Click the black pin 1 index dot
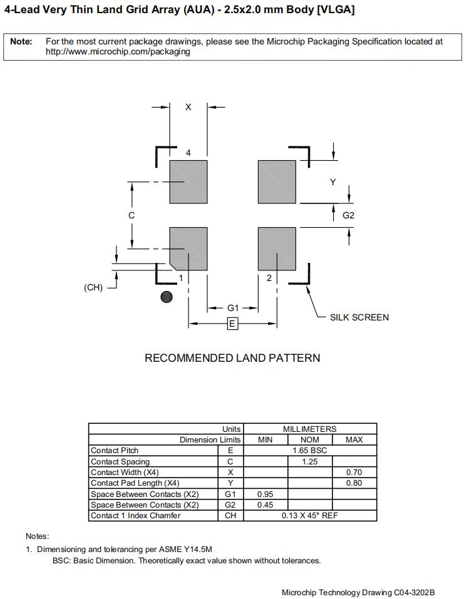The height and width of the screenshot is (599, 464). pyautogui.click(x=167, y=297)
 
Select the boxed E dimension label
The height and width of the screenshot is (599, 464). pyautogui.click(x=232, y=324)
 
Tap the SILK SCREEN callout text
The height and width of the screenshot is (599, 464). pyautogui.click(x=359, y=317)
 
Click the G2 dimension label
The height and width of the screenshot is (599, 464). pyautogui.click(x=349, y=215)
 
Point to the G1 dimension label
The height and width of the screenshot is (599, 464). pyautogui.click(x=233, y=308)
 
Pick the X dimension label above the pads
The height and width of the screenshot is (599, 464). pyautogui.click(x=188, y=107)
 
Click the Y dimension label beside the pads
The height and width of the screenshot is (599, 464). pyautogui.click(x=333, y=182)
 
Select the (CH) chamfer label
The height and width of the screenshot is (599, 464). pyautogui.click(x=93, y=288)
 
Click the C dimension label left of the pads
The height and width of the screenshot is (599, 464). pyautogui.click(x=131, y=215)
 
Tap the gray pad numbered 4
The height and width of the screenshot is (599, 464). pyautogui.click(x=188, y=182)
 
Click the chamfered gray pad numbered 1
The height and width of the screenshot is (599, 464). pyautogui.click(x=189, y=248)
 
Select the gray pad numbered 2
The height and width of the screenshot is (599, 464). pyautogui.click(x=277, y=248)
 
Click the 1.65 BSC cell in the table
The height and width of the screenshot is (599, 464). pyautogui.click(x=309, y=451)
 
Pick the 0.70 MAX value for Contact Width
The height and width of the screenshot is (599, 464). pyautogui.click(x=354, y=473)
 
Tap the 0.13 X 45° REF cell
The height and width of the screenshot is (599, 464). pyautogui.click(x=309, y=516)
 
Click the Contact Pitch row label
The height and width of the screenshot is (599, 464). pyautogui.click(x=115, y=451)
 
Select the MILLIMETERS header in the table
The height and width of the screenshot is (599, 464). pyautogui.click(x=309, y=429)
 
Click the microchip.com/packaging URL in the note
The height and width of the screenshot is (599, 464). pyautogui.click(x=118, y=52)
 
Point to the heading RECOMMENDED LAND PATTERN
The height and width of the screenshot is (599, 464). pyautogui.click(x=232, y=358)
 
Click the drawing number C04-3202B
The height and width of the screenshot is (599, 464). pyautogui.click(x=414, y=592)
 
